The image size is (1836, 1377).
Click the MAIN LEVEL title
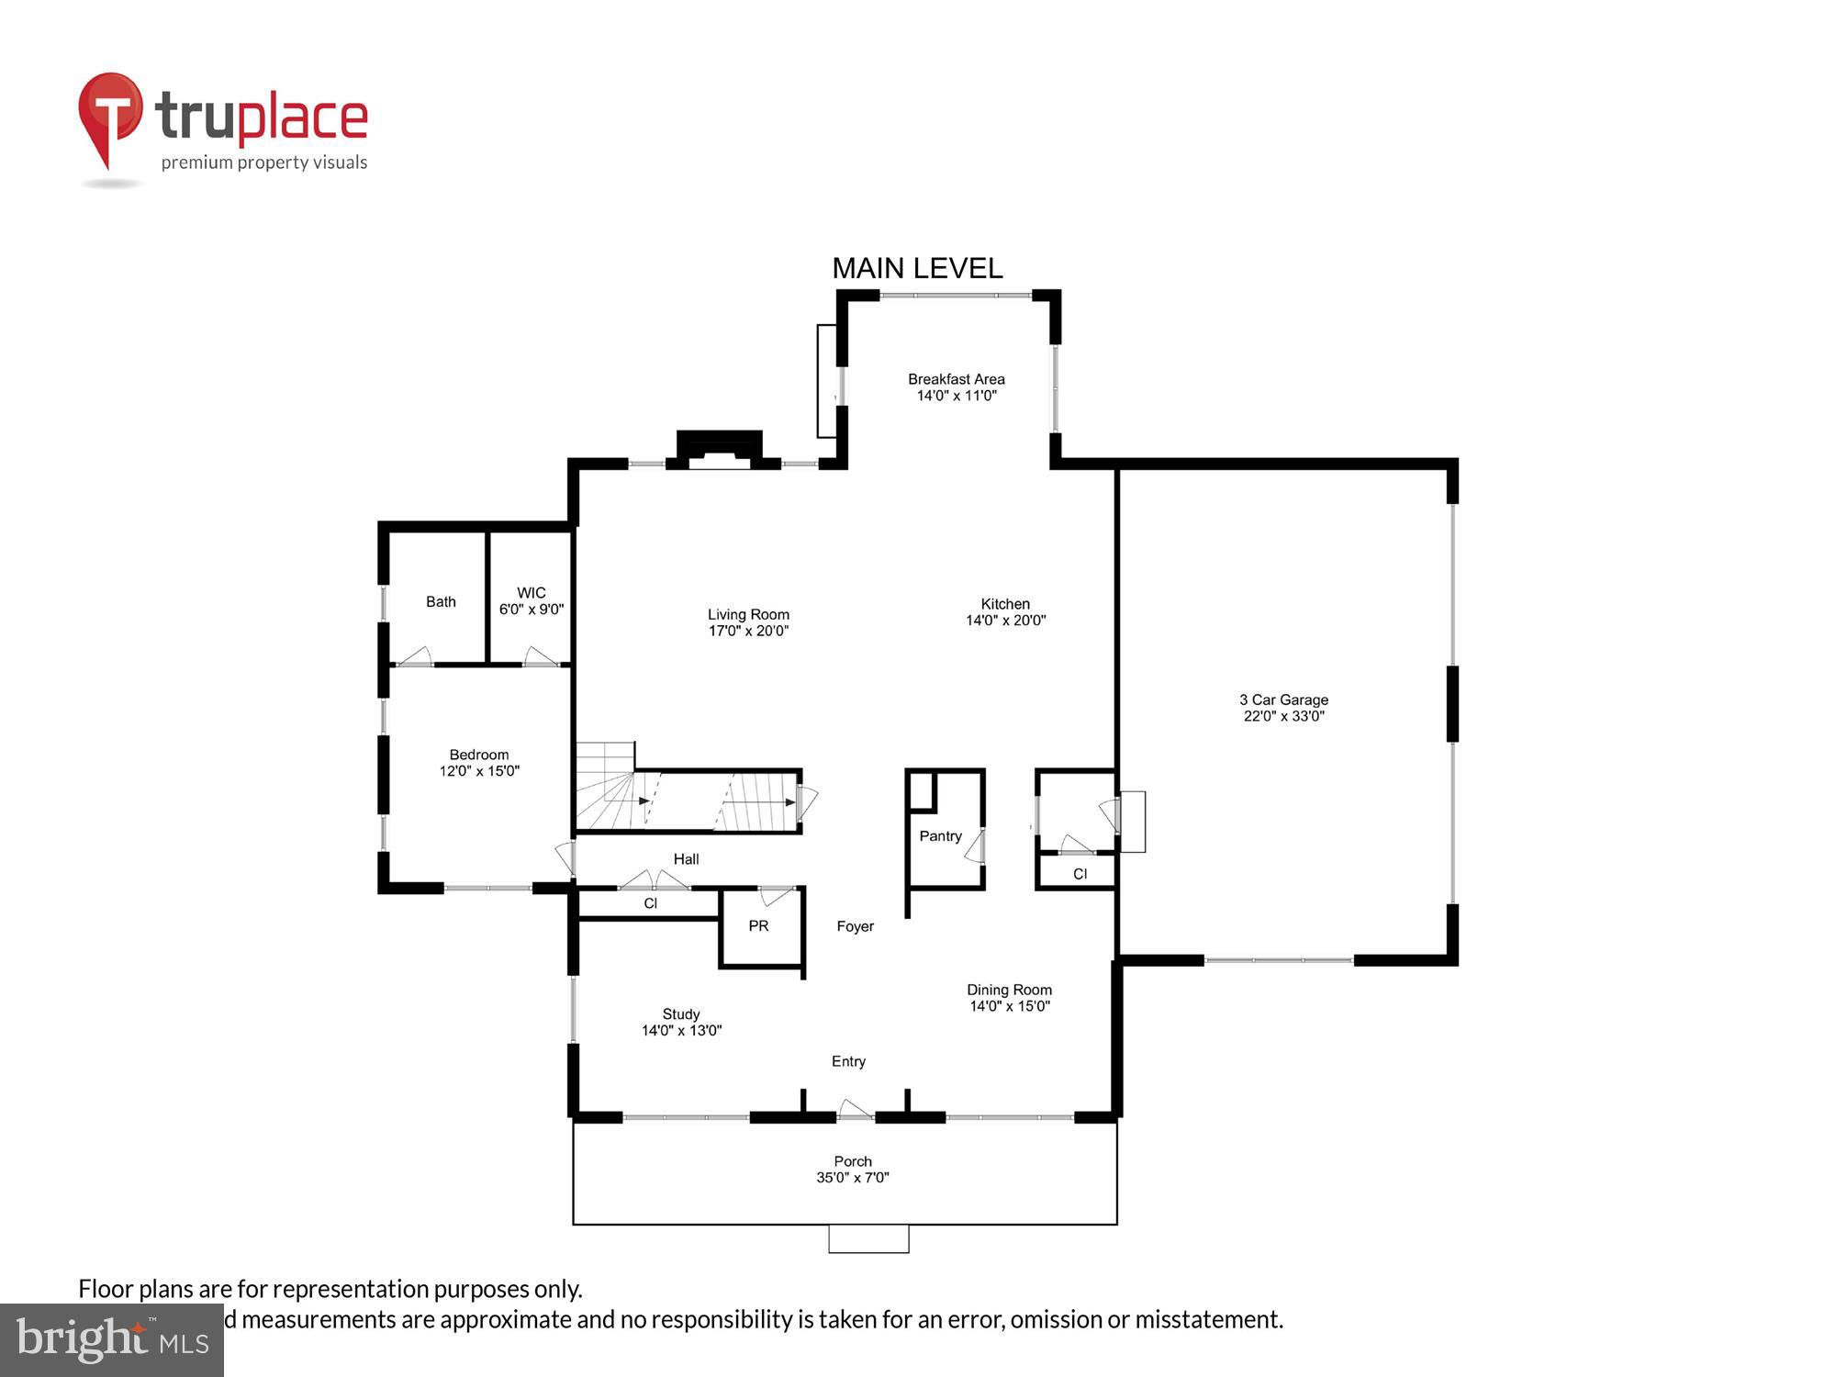click(916, 268)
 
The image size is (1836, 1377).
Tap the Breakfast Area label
click(956, 379)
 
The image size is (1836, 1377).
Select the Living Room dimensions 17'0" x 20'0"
click(748, 631)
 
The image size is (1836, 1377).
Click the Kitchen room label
click(1005, 603)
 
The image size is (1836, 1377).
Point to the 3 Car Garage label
click(1283, 700)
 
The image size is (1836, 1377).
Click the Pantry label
click(940, 835)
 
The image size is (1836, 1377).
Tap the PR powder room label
click(758, 925)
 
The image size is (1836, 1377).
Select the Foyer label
click(855, 926)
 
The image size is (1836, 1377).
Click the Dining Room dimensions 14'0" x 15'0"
click(1009, 1006)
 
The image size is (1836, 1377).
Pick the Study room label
click(681, 1013)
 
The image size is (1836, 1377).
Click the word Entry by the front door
click(848, 1061)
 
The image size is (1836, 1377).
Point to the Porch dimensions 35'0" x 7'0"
click(853, 1178)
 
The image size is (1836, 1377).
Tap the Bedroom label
click(478, 755)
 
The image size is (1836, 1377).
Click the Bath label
click(441, 601)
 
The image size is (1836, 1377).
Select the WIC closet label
click(531, 593)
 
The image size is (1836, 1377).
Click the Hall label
click(686, 859)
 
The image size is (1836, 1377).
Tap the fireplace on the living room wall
click(720, 449)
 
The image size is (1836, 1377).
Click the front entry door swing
click(855, 1110)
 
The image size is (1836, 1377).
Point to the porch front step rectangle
click(868, 1238)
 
